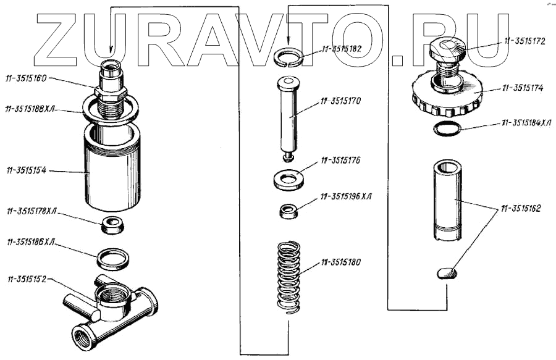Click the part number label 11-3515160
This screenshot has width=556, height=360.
[29, 78]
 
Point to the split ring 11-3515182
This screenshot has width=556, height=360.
[289, 56]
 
